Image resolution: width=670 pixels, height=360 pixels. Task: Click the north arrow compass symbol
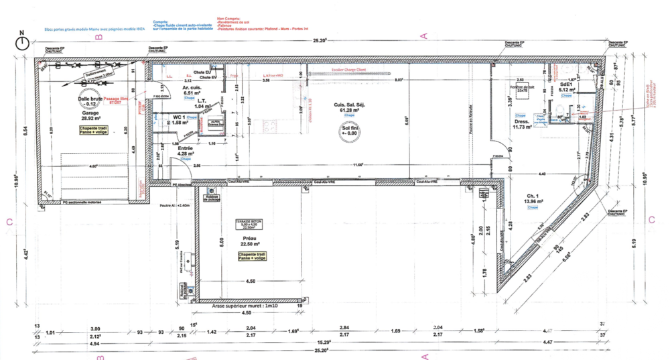pyautogui.click(x=22, y=41)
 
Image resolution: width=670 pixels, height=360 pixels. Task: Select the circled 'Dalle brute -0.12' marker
pyautogui.click(x=90, y=101)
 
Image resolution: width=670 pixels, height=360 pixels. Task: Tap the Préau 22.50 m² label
pyautogui.click(x=249, y=240)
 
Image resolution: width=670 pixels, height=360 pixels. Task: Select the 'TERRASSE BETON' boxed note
pyautogui.click(x=249, y=225)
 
